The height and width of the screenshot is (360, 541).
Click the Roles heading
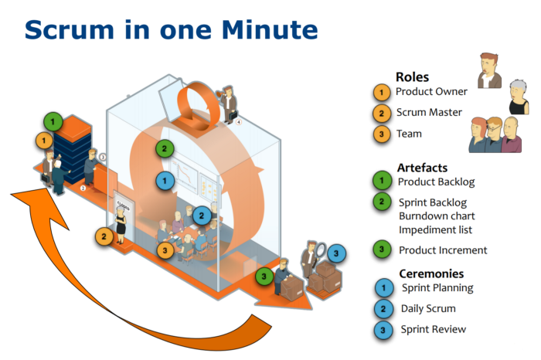[x=412, y=76]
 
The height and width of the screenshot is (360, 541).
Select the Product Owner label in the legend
[x=431, y=92]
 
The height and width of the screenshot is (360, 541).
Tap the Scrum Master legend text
[x=429, y=113]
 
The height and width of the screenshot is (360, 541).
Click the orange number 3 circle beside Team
[x=381, y=134]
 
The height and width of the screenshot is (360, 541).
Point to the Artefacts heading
[x=422, y=168]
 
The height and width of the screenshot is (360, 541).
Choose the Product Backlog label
[x=436, y=182]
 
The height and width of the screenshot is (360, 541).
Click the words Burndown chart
[x=437, y=216]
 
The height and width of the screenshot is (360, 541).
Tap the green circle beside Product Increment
[x=381, y=250]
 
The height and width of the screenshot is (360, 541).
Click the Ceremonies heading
[x=430, y=273]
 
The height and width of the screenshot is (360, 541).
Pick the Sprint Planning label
[x=437, y=288]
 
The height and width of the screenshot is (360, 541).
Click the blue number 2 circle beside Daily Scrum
[x=381, y=309]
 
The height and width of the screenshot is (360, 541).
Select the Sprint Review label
[x=434, y=329]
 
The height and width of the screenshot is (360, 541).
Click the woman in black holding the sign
[x=121, y=224]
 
